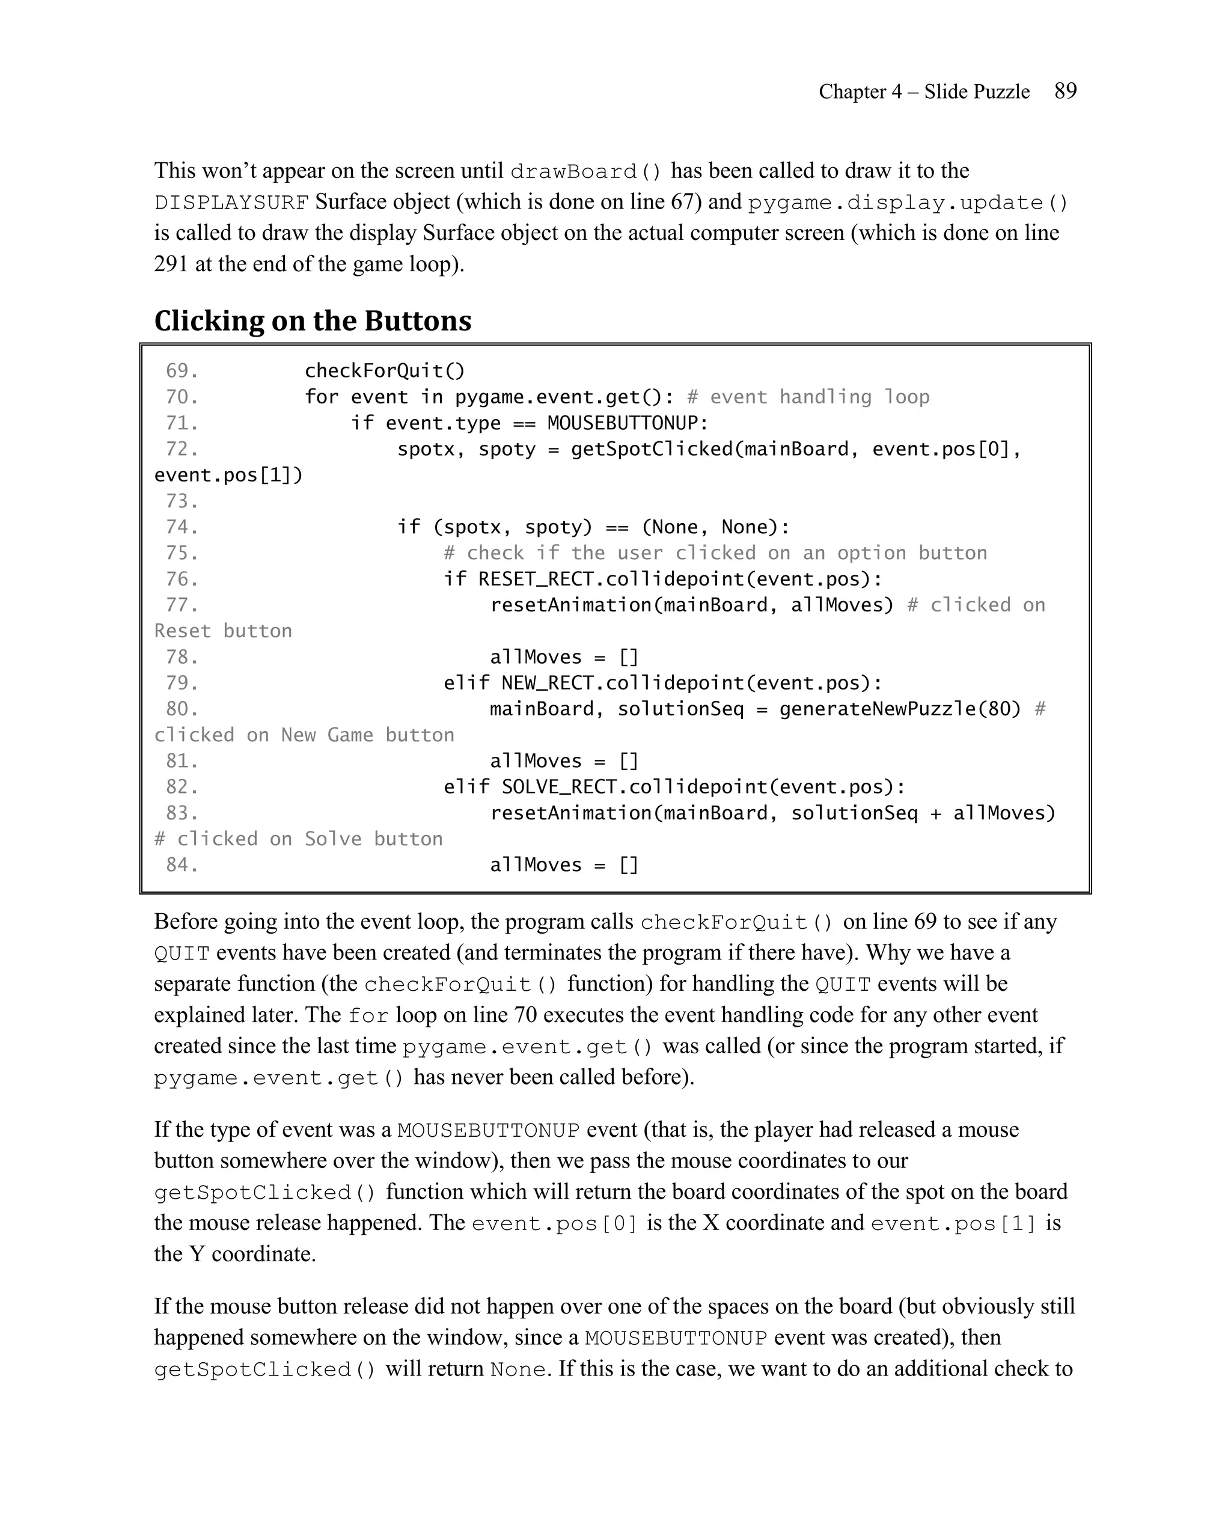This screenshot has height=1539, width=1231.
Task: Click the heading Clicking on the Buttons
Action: pyautogui.click(x=313, y=320)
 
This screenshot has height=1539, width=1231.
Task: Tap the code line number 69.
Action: pyautogui.click(x=182, y=370)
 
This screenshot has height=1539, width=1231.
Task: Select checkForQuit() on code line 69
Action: pyautogui.click(x=385, y=370)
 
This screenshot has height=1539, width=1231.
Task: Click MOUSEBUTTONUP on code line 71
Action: pyautogui.click(x=626, y=423)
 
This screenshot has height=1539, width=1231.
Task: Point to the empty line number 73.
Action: pyautogui.click(x=182, y=501)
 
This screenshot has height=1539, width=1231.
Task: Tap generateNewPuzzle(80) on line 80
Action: pyautogui.click(x=899, y=709)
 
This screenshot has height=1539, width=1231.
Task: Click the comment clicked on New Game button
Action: pyautogui.click(x=304, y=735)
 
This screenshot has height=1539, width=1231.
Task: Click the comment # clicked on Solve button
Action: pyautogui.click(x=298, y=839)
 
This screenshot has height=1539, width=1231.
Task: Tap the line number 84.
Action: pyautogui.click(x=182, y=865)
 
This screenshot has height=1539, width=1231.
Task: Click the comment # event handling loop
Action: pyautogui.click(x=808, y=397)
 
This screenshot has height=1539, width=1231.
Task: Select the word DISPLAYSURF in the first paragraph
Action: pyautogui.click(x=231, y=203)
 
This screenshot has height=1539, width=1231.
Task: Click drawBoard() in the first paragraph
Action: pyautogui.click(x=586, y=172)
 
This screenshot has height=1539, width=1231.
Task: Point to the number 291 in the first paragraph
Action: pyautogui.click(x=171, y=264)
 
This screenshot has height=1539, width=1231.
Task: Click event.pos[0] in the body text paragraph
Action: pyautogui.click(x=554, y=1224)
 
